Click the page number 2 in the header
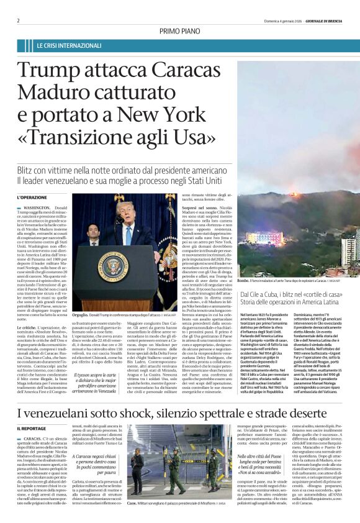tap(18, 20)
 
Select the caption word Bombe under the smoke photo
tap(245, 281)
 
